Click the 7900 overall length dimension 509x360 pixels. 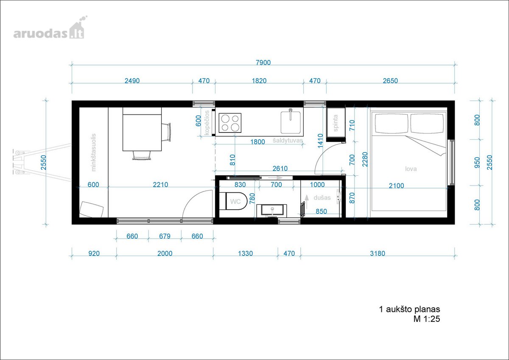tap(263, 62)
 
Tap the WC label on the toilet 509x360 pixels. tap(235, 202)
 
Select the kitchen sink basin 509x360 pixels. tap(291, 122)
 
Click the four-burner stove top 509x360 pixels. tap(230, 123)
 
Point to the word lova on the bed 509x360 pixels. tap(411, 169)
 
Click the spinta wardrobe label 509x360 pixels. tap(336, 123)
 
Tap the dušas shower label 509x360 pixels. tap(322, 198)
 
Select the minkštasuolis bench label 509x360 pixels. tap(93, 152)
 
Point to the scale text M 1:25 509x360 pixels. tap(427, 319)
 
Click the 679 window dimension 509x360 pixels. tap(165, 236)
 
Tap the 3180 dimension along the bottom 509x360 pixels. tap(378, 253)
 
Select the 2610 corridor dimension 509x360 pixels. tap(280, 169)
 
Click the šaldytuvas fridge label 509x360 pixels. tap(288, 141)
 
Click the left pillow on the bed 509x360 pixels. tap(391, 124)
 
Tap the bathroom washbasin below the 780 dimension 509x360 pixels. tap(271, 211)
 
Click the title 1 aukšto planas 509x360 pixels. tap(409, 309)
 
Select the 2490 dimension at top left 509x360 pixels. tap(132, 81)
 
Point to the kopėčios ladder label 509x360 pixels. tap(207, 123)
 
